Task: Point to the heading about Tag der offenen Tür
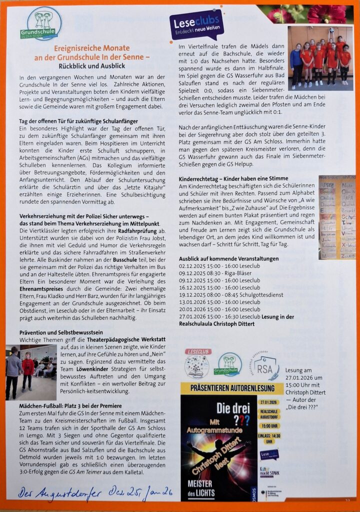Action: tap(78, 121)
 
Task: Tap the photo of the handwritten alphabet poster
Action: tap(336, 217)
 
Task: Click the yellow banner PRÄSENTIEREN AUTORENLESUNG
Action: tap(231, 388)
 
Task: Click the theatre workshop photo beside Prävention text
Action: tap(31, 372)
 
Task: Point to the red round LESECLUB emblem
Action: tap(197, 363)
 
